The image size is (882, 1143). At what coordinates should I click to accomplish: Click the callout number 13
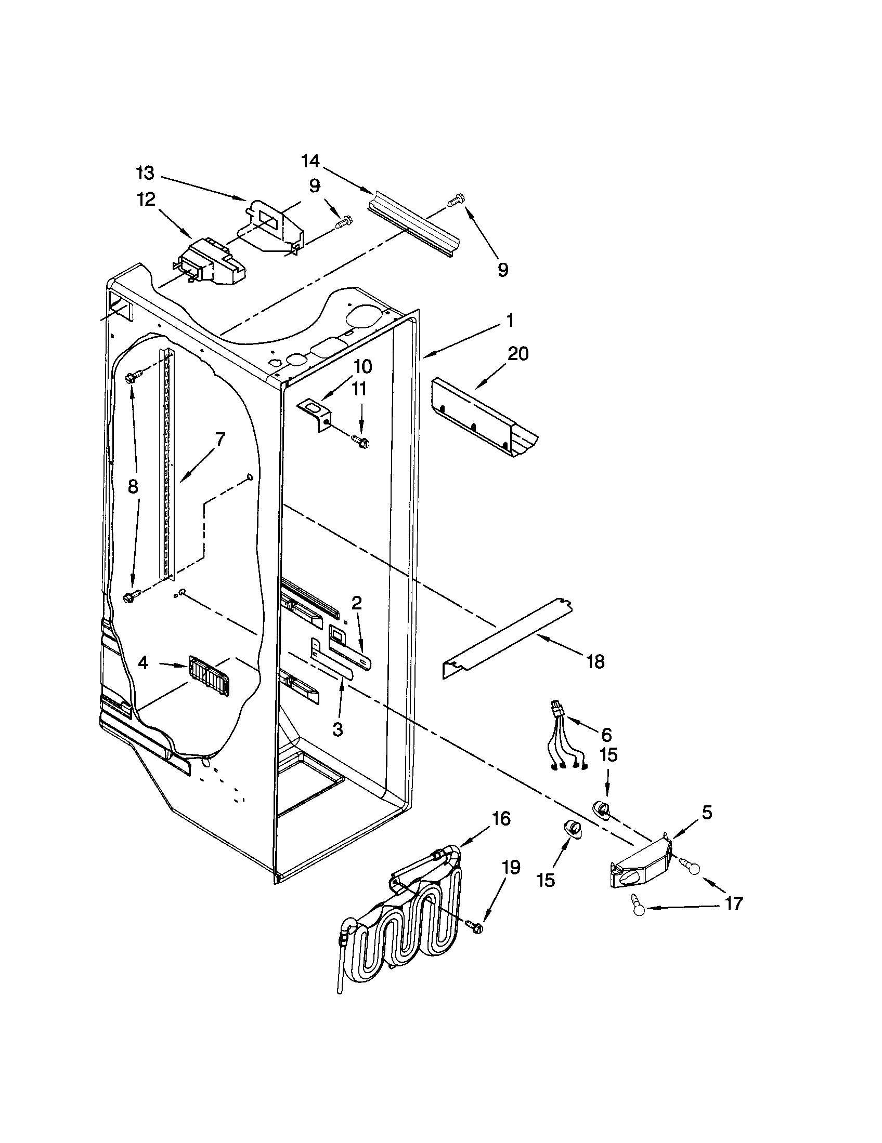click(145, 172)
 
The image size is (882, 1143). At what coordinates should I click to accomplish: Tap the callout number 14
click(310, 161)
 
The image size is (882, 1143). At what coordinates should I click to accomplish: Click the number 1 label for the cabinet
click(510, 318)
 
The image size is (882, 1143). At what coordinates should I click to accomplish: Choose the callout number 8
click(133, 486)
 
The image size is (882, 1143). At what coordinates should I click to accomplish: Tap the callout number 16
click(501, 818)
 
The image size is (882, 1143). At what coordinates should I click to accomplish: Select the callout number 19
click(511, 868)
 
